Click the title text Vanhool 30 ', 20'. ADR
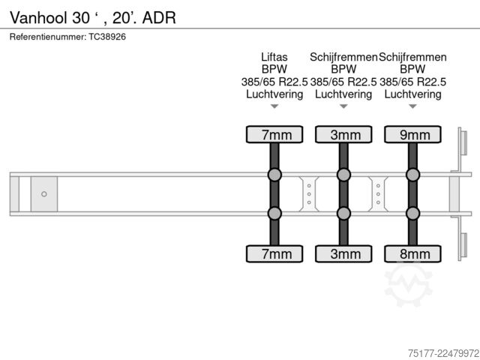pos(93,18)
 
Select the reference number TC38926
pos(107,37)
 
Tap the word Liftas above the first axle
pos(274,57)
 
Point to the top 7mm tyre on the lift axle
pos(274,134)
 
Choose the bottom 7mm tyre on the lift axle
pos(274,253)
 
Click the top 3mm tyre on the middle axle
pos(343,134)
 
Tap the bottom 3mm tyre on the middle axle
pos(343,253)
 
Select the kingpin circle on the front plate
pos(44,194)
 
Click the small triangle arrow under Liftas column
pos(274,106)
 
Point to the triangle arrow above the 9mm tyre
pos(412,106)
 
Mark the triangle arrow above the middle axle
pos(343,106)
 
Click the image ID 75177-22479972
pos(443,353)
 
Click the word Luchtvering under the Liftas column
pos(274,94)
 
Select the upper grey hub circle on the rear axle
pos(412,175)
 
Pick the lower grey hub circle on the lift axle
pos(274,213)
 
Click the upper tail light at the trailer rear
pos(463,143)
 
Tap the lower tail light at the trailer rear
pos(463,245)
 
